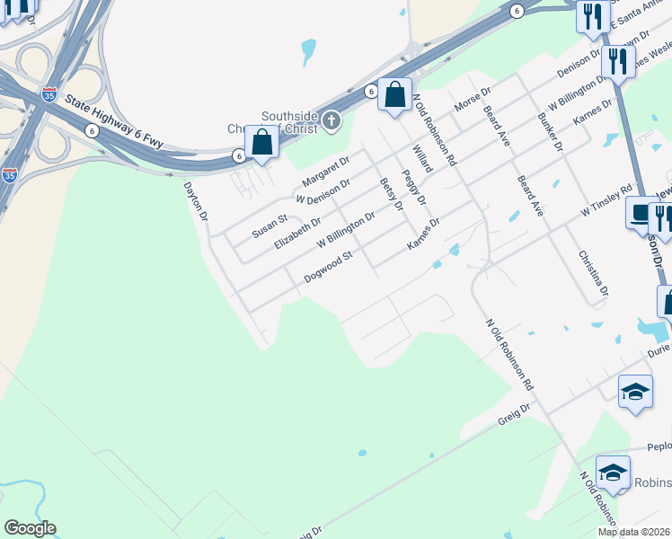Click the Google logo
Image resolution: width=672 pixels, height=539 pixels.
point(30,528)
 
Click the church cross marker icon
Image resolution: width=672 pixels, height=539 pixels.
point(332,119)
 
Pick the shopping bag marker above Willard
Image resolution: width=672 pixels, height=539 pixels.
point(394,93)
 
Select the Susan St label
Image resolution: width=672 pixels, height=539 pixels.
point(269,225)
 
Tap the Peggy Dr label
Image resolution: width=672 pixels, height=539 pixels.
point(414,187)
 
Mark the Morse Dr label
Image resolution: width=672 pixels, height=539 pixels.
point(473,100)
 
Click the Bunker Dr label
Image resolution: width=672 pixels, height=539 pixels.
point(549,132)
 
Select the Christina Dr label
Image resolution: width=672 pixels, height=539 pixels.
point(594,274)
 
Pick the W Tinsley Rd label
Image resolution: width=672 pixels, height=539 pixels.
point(606,199)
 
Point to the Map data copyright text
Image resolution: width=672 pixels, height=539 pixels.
point(634,532)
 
